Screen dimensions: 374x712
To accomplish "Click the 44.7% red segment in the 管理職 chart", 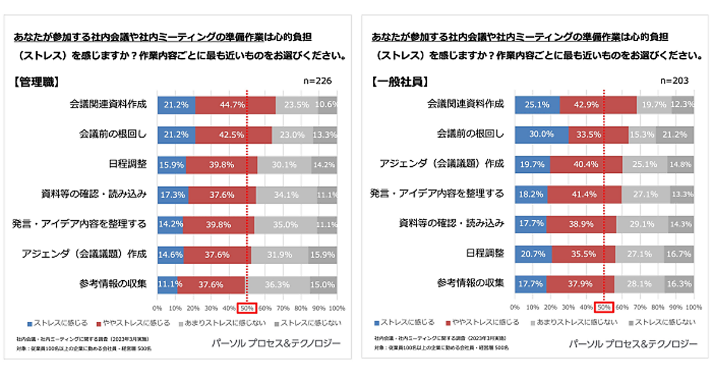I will (236, 104).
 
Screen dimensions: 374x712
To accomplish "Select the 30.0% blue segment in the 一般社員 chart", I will (542, 134).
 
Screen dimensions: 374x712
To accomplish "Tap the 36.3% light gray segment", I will (278, 284).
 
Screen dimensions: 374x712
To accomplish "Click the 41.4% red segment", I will (584, 194).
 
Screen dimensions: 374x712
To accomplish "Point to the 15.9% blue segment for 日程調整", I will (171, 164).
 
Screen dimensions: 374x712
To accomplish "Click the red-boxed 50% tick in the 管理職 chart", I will (247, 308).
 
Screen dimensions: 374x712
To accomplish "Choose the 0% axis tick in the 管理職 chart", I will (157, 308).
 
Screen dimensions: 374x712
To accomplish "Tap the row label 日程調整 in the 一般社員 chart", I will (485, 253).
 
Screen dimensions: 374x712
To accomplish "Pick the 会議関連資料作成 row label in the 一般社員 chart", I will (466, 104).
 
